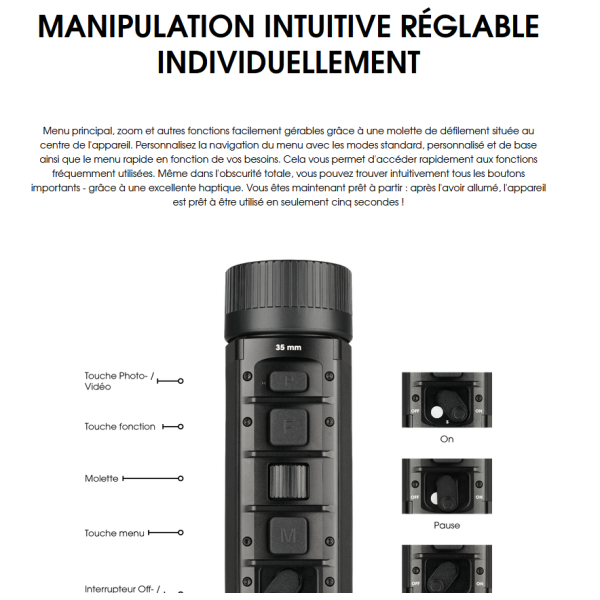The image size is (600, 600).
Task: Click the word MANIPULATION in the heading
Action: coord(146,26)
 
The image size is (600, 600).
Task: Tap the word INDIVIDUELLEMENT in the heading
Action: coord(289,62)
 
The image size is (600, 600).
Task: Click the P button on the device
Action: coord(289,381)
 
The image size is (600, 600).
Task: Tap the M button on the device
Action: coord(288,535)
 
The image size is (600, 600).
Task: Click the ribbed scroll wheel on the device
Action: coord(288,481)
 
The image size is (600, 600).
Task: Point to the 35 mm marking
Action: coord(288,347)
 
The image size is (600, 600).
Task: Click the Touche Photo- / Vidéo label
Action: coord(119,381)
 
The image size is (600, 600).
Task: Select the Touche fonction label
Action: coord(120,427)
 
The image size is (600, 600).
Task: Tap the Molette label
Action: coord(101,479)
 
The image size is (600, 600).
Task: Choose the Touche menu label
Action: coord(114,533)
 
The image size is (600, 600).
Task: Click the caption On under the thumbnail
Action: coord(447,439)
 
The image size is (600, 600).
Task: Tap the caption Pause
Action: coord(447,525)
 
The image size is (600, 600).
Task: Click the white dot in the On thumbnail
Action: coord(437,412)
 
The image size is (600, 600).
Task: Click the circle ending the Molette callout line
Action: coord(181,478)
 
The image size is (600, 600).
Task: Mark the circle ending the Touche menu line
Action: coord(181,533)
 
